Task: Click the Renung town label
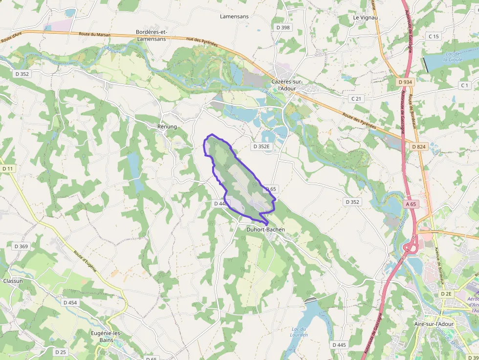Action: pos(167,127)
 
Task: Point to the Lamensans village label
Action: pos(234,16)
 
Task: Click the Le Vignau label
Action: pos(366,18)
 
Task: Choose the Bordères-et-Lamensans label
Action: pos(152,36)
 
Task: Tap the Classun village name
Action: pos(13,281)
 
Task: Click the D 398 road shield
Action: pos(283,27)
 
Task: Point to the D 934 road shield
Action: pos(406,82)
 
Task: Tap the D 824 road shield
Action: pos(419,146)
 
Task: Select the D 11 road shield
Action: pos(8,169)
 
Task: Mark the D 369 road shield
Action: pos(21,246)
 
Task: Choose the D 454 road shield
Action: pos(70,302)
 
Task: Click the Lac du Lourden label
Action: pos(299,332)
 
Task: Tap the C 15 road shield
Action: pos(434,36)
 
